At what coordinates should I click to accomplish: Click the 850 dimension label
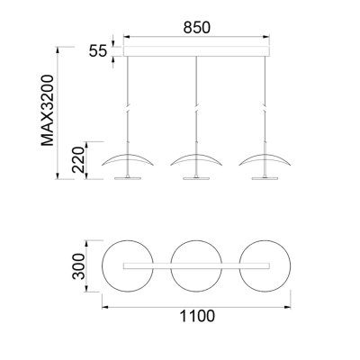point(197,28)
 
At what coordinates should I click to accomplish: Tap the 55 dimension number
point(98,51)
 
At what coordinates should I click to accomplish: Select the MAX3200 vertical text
point(48,111)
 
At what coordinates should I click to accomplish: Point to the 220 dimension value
point(78,159)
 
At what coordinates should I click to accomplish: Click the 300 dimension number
point(78,266)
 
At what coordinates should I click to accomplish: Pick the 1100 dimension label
point(197,316)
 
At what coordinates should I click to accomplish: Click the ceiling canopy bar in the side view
point(196,51)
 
